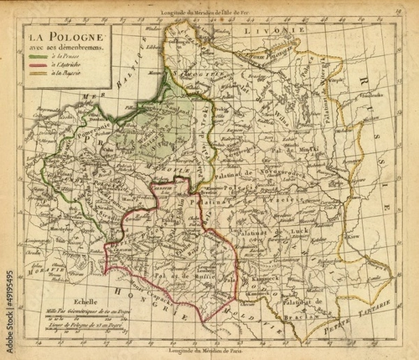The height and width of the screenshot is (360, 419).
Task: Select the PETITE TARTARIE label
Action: click(x=369, y=312)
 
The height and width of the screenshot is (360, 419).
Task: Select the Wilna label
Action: click(x=279, y=112)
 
